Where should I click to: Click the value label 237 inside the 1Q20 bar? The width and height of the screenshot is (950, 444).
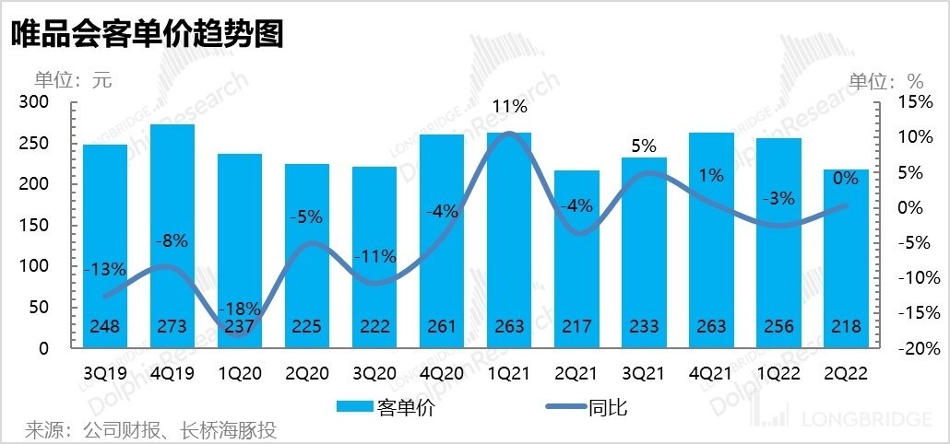coord(240,327)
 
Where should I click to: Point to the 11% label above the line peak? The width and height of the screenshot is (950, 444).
coord(509,107)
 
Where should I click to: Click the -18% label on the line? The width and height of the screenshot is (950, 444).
coord(240,309)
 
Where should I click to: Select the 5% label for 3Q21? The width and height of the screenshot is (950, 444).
coord(644,146)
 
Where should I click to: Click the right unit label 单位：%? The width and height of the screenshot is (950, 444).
coord(885,79)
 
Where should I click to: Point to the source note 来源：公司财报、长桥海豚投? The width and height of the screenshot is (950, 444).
coord(150,430)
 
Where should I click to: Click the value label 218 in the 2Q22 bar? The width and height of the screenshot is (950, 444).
coord(846,327)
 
